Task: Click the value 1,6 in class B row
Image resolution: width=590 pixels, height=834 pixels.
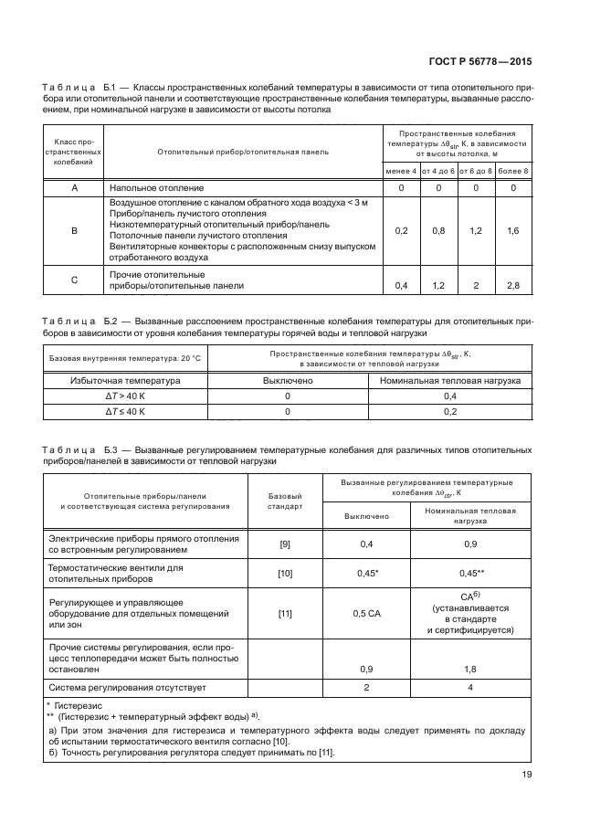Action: (x=513, y=232)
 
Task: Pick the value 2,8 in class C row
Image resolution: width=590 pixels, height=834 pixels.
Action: (x=513, y=286)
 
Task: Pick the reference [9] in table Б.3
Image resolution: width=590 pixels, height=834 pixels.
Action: (x=284, y=545)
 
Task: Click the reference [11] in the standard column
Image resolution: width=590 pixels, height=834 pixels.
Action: (x=284, y=613)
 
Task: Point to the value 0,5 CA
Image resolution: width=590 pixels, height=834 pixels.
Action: (x=365, y=613)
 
